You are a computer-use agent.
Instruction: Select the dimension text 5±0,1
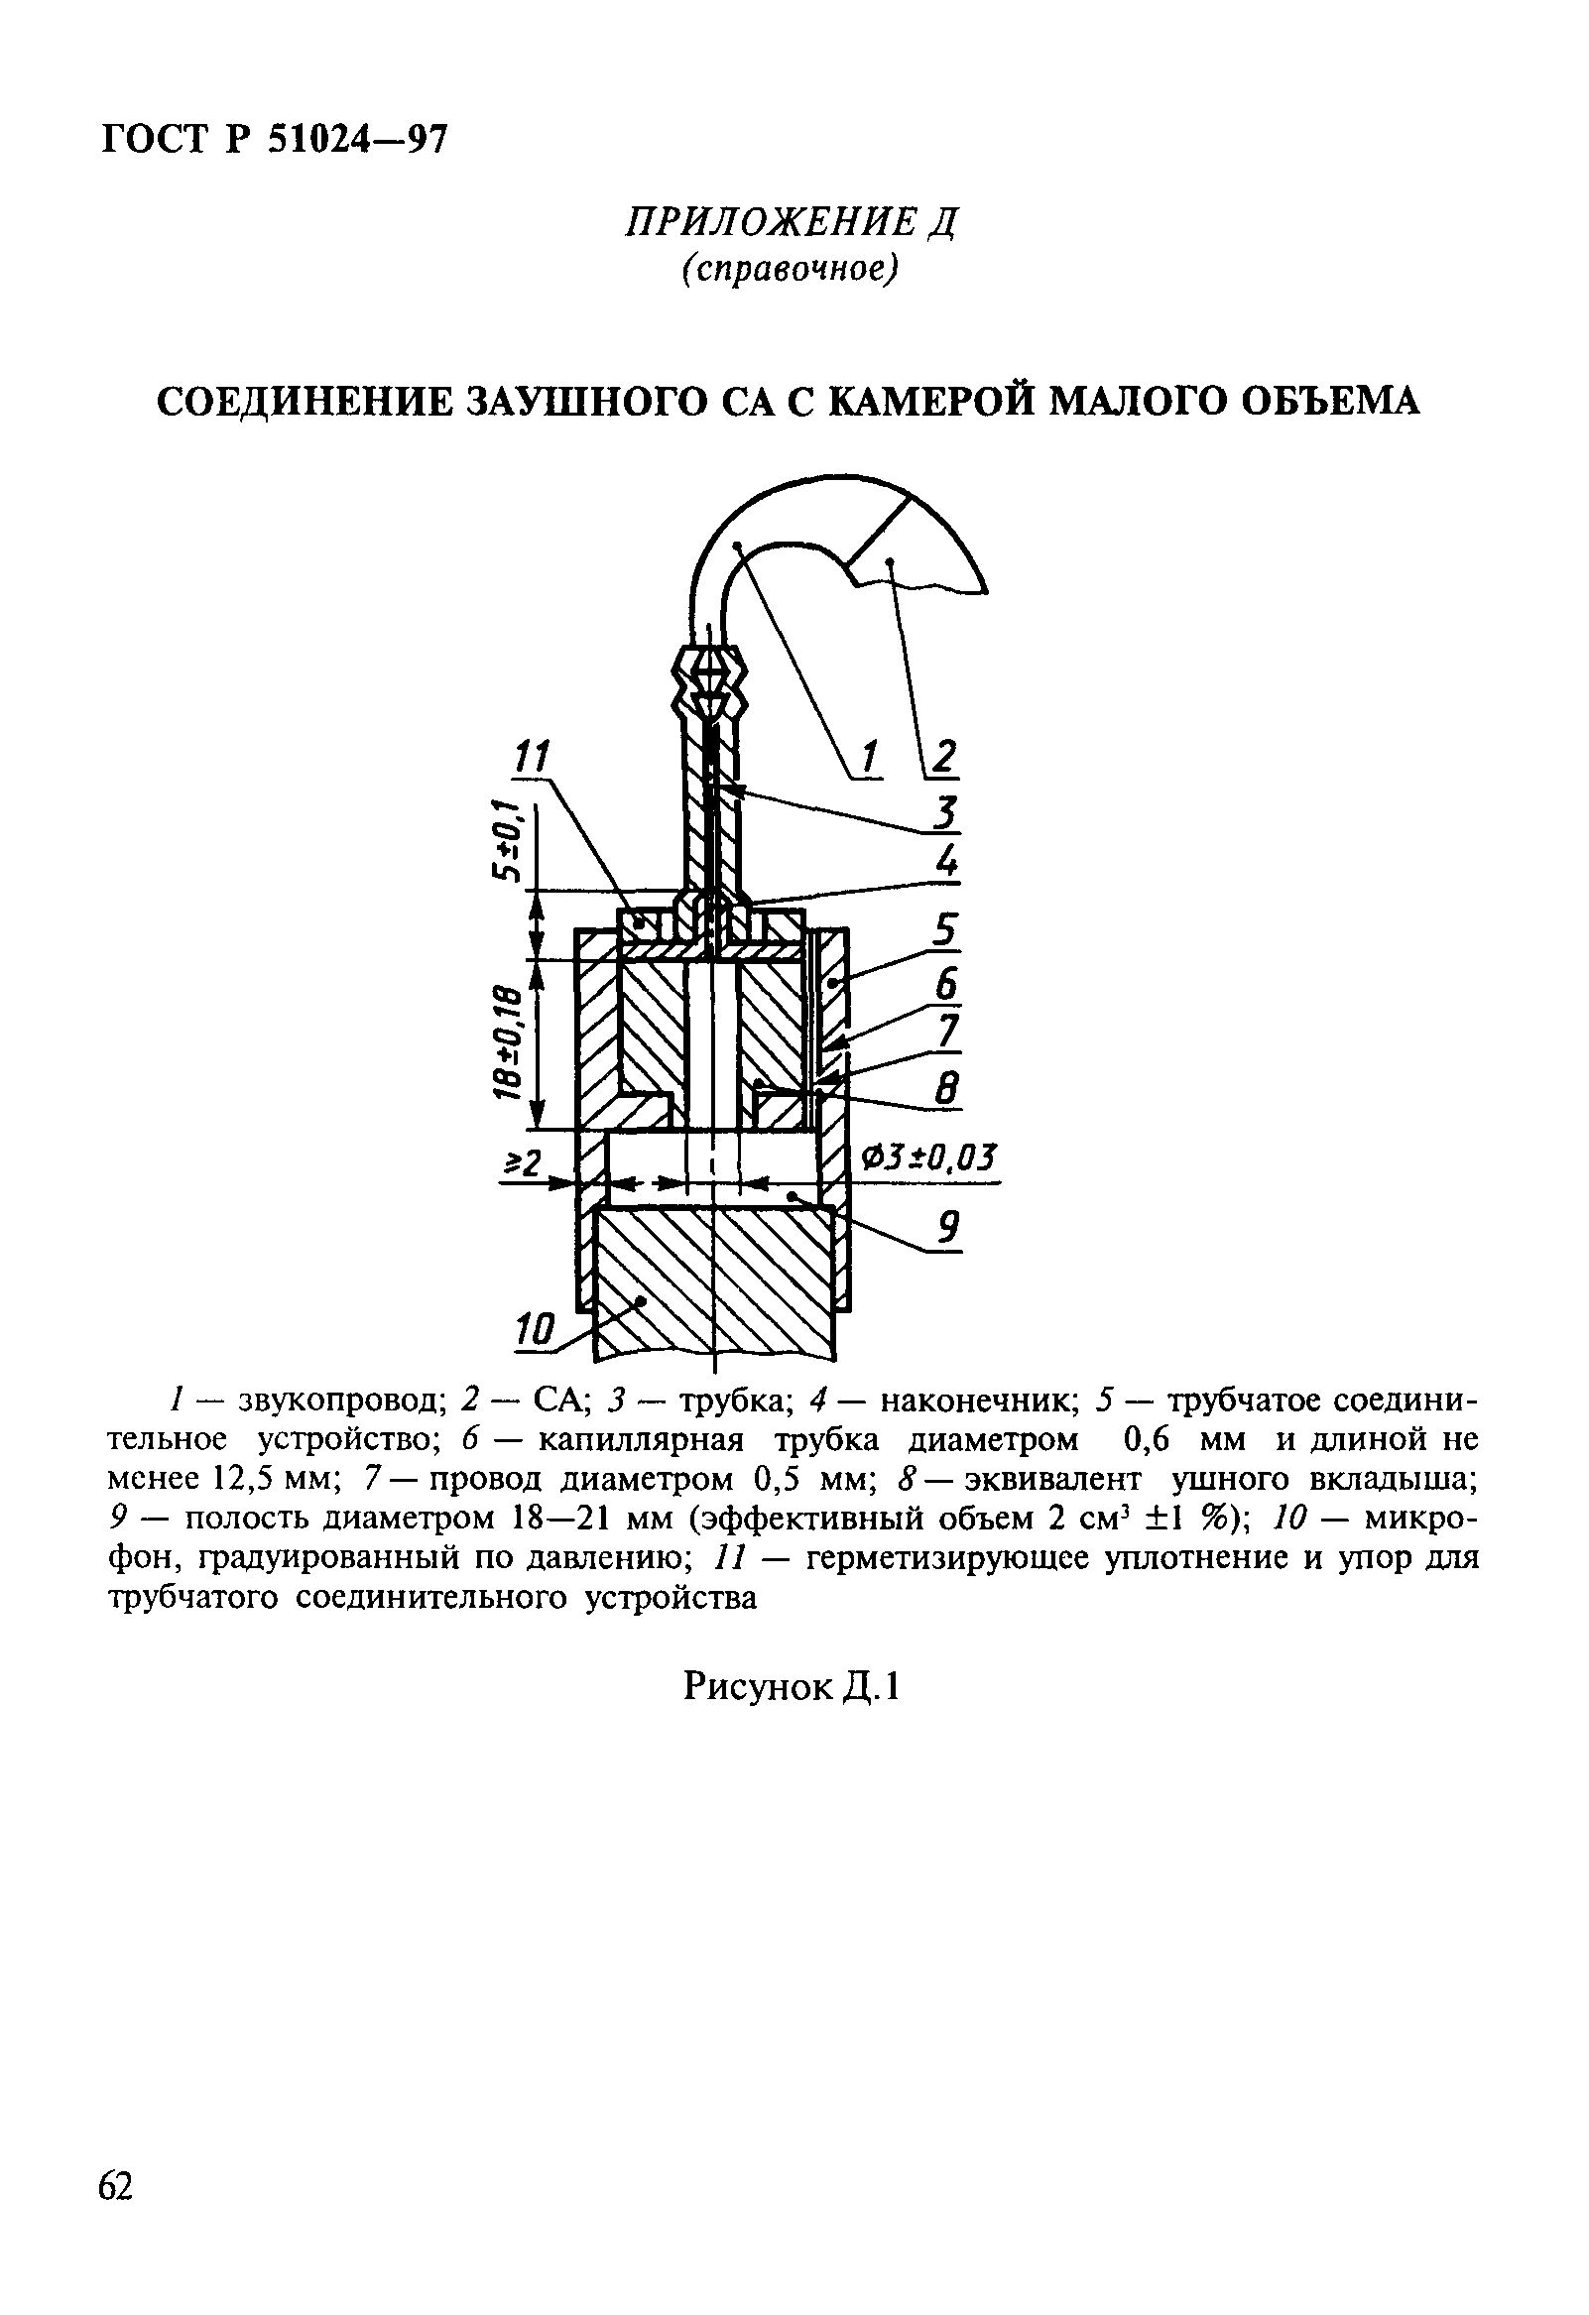pos(508,840)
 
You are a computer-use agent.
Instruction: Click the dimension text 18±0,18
pos(508,1042)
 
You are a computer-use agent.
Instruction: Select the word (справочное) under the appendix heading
pos(790,270)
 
